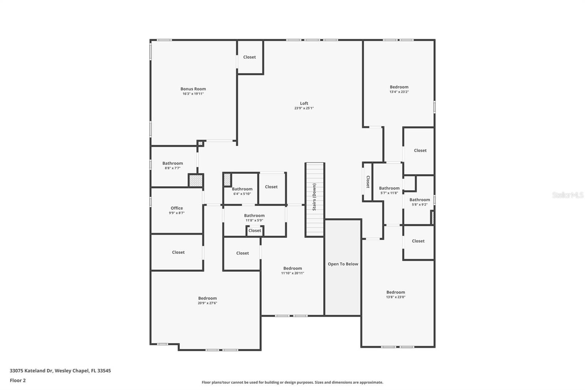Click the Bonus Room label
(193, 89)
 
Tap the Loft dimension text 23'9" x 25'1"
(304, 108)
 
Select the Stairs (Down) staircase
(314, 199)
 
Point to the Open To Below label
(343, 264)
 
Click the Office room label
(177, 208)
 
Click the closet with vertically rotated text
(368, 182)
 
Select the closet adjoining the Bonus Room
(249, 57)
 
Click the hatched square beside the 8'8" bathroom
(196, 180)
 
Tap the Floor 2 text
(18, 380)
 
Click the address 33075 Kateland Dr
(60, 371)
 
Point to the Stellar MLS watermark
(567, 195)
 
